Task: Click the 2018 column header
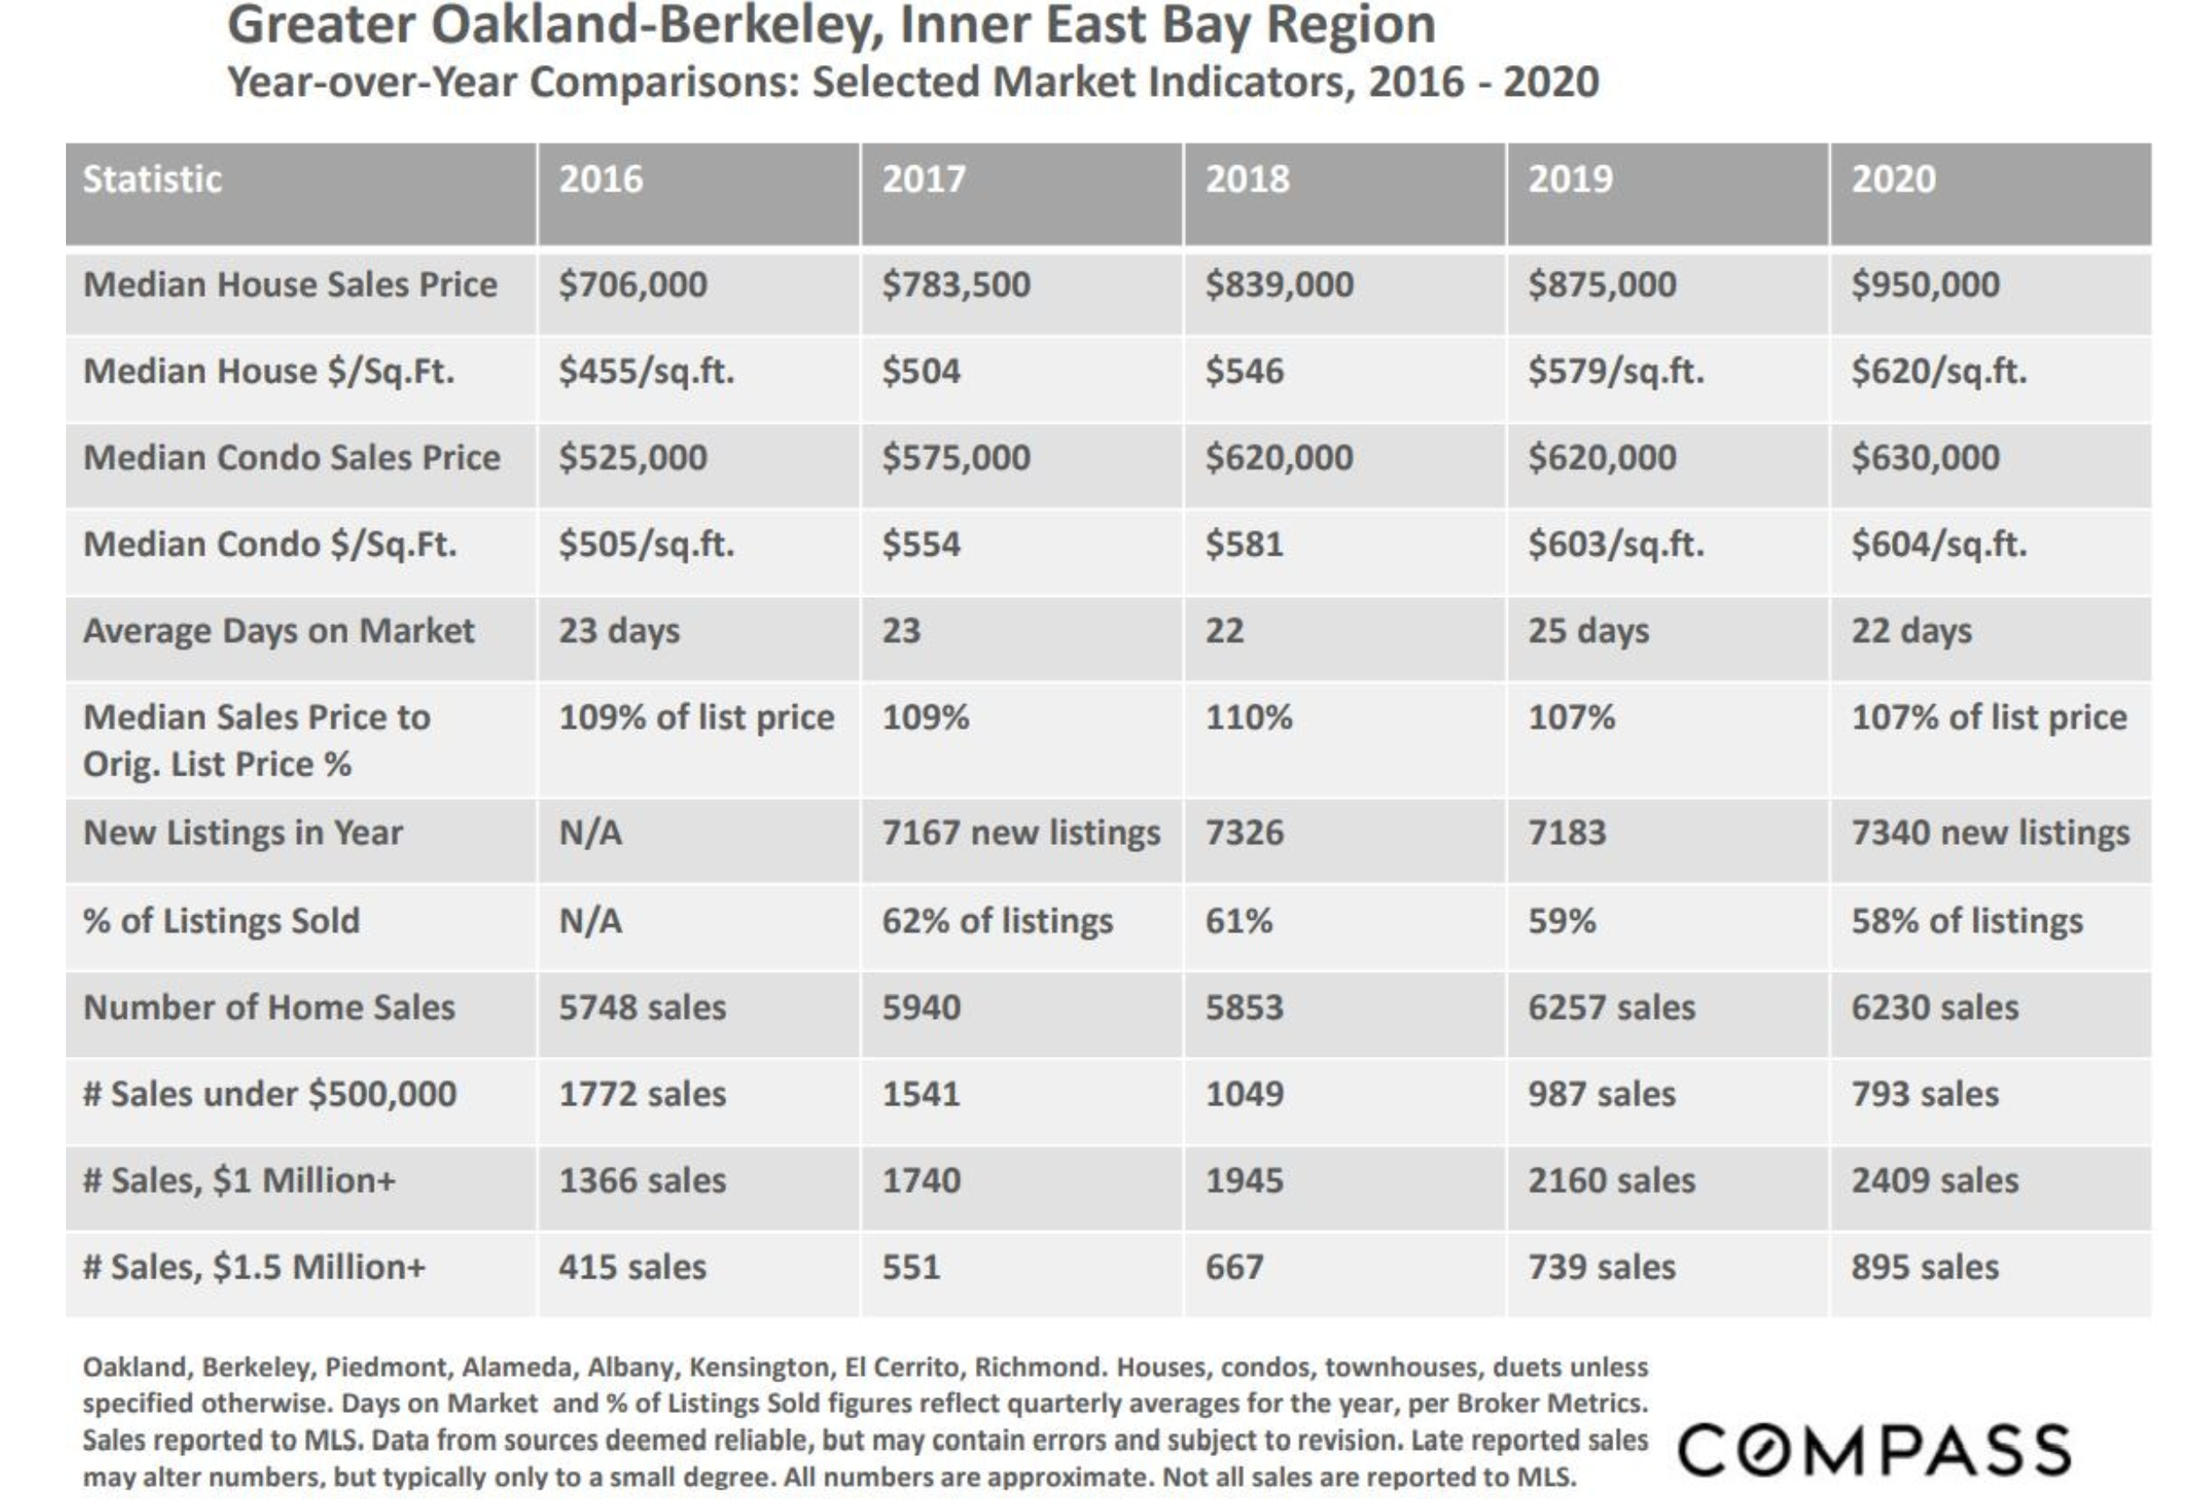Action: coord(1247,179)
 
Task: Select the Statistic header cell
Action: coord(152,179)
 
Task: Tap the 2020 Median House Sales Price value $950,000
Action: coord(1925,285)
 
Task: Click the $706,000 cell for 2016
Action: coord(632,285)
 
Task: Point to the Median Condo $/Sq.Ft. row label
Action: coord(270,545)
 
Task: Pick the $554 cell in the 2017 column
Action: coord(921,545)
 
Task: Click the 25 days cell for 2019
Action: coord(1588,630)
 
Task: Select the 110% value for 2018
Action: coord(1248,717)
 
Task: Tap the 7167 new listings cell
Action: coord(1021,834)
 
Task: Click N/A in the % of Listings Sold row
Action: coord(590,921)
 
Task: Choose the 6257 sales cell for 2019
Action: coord(1612,1008)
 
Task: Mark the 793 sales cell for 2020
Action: coord(1925,1095)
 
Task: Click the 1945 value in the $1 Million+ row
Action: coord(1244,1182)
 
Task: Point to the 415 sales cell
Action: coord(632,1267)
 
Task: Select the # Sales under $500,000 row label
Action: coord(270,1095)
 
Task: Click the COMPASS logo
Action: coord(1874,1450)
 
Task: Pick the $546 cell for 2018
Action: coord(1244,372)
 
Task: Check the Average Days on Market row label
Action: coord(278,630)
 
